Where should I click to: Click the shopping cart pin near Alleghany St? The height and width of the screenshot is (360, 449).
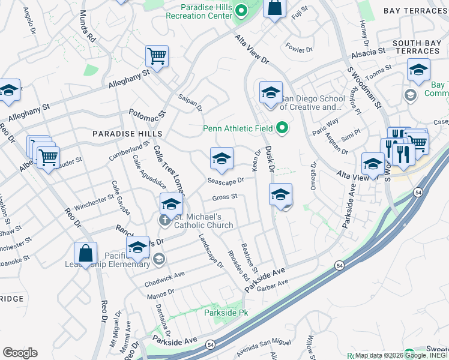tap(156, 56)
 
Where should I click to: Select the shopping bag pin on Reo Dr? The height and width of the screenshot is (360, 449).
tap(86, 254)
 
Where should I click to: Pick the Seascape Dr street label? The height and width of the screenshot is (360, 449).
tap(226, 180)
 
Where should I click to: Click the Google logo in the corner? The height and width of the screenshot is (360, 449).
tap(20, 353)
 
